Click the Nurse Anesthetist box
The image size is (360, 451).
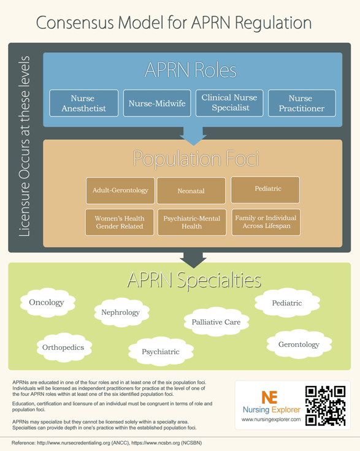(x=84, y=104)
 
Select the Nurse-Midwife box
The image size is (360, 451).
(x=157, y=104)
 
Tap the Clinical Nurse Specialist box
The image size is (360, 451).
(x=229, y=104)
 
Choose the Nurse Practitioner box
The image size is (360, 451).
(x=302, y=104)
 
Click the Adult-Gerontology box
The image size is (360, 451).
(x=120, y=191)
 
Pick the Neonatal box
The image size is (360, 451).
(x=191, y=191)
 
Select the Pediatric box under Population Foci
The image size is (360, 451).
(x=265, y=190)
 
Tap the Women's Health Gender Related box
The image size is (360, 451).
(x=120, y=222)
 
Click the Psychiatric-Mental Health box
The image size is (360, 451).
(x=192, y=222)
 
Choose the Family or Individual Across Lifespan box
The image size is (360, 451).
(x=266, y=222)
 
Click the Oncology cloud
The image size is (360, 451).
(x=47, y=303)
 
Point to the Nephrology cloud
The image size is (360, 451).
(x=121, y=313)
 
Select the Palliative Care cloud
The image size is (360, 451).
(x=216, y=322)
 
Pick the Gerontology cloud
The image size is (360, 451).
(x=299, y=344)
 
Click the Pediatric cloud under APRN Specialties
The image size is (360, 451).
(x=287, y=303)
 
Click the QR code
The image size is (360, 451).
(x=326, y=406)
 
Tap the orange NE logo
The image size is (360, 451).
(x=269, y=397)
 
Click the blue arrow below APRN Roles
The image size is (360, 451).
(x=193, y=136)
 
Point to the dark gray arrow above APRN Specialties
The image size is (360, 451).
(x=193, y=260)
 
